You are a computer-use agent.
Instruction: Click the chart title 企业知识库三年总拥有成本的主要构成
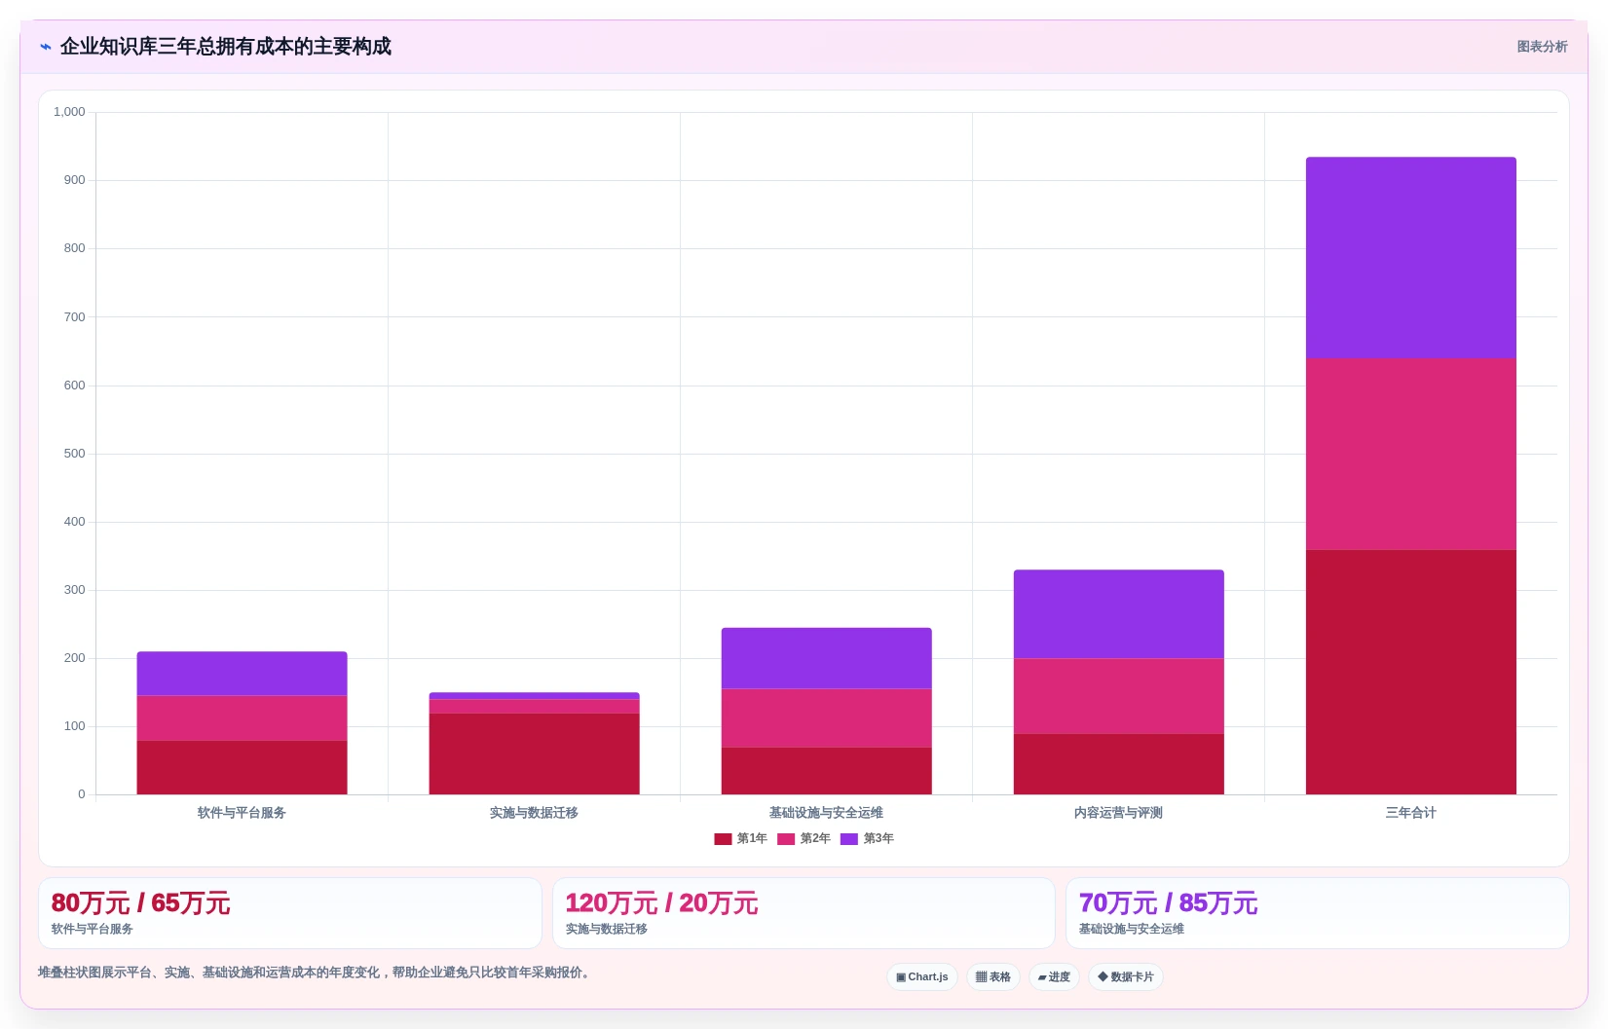[225, 47]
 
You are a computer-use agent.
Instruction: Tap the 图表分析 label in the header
[1542, 47]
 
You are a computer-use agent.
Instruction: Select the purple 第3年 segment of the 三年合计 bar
[1410, 258]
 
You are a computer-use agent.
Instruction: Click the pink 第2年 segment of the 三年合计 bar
[1410, 455]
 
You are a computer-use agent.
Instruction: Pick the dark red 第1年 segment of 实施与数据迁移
[534, 753]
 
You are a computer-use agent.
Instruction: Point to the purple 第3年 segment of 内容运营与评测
[1118, 614]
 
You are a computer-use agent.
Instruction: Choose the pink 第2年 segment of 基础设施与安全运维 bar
[826, 718]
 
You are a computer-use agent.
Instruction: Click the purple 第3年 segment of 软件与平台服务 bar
[242, 674]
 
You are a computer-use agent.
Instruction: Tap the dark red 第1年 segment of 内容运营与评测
[1118, 764]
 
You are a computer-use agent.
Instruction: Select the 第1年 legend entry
[741, 838]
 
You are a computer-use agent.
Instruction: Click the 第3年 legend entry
[867, 838]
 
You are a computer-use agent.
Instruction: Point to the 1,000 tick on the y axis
[69, 112]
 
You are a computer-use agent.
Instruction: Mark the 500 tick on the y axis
[75, 454]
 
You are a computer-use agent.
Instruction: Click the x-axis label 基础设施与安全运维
[826, 813]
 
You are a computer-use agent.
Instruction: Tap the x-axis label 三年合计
[1410, 813]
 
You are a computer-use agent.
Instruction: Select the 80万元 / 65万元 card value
[140, 903]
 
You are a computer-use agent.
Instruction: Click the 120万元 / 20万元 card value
[661, 903]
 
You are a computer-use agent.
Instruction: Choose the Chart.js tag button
[921, 976]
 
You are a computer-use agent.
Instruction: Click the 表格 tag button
[992, 976]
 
